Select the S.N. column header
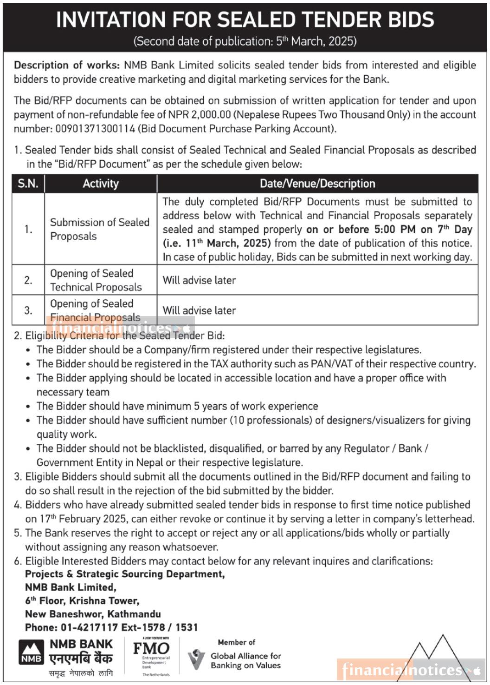[x=28, y=184]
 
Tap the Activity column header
[x=101, y=184]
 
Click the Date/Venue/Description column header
[x=317, y=184]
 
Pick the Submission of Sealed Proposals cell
[x=99, y=229]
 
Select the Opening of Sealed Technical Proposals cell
[x=96, y=280]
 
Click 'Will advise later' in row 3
[x=199, y=310]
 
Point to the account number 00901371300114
[x=95, y=129]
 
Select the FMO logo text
[x=151, y=648]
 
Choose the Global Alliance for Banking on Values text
[x=245, y=660]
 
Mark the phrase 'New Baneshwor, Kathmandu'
[x=93, y=614]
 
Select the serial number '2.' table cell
[x=28, y=280]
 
